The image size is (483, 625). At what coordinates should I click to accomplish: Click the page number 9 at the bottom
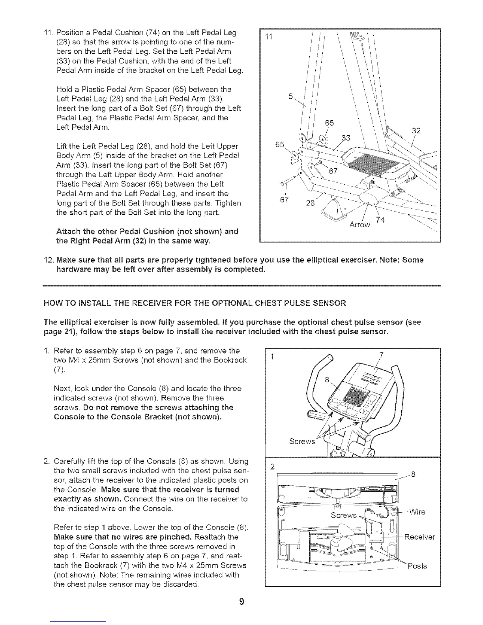[242, 601]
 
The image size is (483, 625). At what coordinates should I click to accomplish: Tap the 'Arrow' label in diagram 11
[360, 225]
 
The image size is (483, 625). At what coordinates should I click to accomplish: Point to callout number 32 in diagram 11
[416, 131]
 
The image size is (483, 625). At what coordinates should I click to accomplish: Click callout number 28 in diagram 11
[311, 203]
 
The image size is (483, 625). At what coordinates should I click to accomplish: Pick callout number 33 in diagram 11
[346, 138]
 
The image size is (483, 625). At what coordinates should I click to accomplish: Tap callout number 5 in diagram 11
[291, 95]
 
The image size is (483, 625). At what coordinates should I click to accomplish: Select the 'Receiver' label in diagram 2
[419, 537]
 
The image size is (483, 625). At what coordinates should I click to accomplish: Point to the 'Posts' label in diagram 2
[417, 566]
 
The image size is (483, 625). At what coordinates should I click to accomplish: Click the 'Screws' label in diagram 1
[302, 441]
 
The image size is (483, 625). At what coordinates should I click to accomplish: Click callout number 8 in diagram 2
[414, 474]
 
